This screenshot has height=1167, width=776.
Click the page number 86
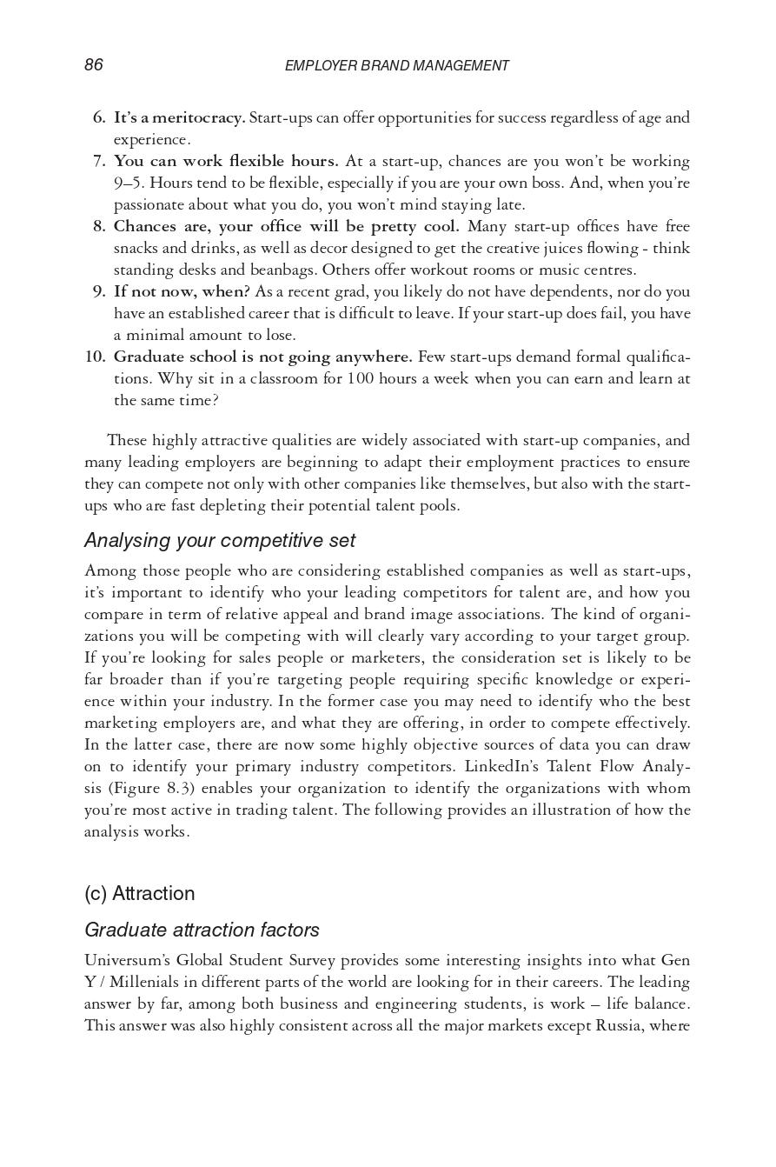point(94,65)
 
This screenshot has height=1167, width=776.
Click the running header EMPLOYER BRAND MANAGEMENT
point(396,66)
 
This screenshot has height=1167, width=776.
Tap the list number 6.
point(99,117)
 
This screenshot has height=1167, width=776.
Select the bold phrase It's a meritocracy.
point(179,117)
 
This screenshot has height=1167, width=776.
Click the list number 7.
point(99,161)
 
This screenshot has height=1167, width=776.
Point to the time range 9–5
point(129,183)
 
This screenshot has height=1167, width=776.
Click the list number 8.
point(99,226)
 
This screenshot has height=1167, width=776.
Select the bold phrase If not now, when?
point(182,291)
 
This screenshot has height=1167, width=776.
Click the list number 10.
point(95,357)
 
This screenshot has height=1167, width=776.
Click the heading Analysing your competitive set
point(220,541)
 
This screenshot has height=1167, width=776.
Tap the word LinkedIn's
point(501,766)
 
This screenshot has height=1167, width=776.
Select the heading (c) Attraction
point(140,894)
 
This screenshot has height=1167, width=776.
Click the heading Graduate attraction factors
point(202,930)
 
